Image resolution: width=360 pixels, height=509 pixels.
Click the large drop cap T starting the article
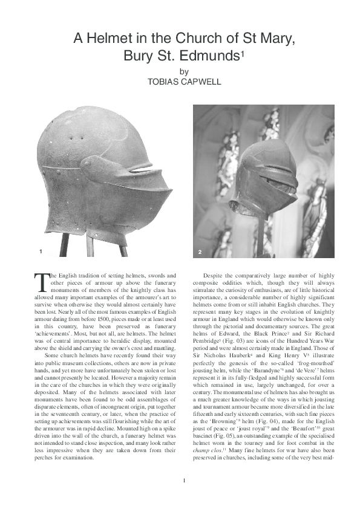pos(41,282)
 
